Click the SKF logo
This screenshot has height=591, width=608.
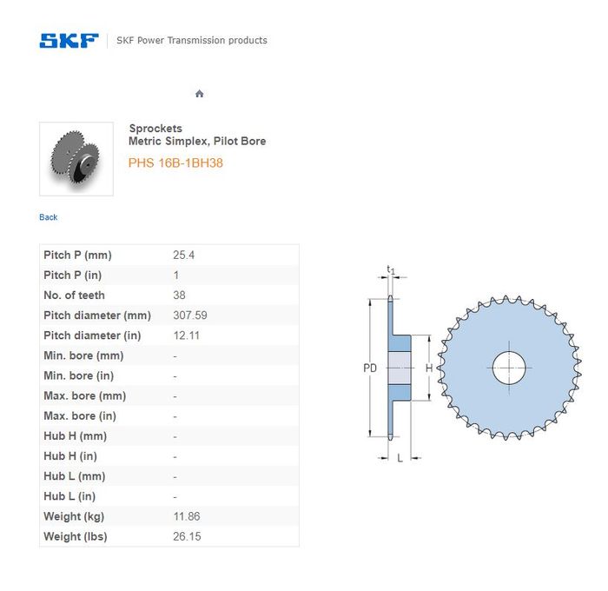[x=69, y=41]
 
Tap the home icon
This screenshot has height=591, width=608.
[x=199, y=94]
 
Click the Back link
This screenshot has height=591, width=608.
[x=49, y=217]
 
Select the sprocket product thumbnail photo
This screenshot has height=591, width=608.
[x=76, y=159]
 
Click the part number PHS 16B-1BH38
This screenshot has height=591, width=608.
[x=175, y=163]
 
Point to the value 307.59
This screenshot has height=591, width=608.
[x=190, y=315]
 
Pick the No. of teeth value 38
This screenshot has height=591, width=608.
[x=179, y=295]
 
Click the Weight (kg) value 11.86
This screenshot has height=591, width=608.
[x=187, y=516]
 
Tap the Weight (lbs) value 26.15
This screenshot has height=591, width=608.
[x=187, y=536]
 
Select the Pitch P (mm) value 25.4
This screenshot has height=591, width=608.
[x=184, y=255]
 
